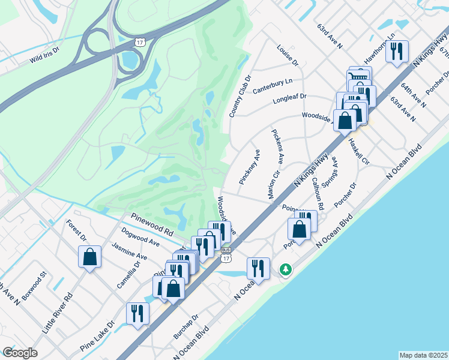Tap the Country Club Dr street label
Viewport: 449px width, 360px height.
(x=238, y=97)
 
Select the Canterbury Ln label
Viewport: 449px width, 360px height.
(x=273, y=86)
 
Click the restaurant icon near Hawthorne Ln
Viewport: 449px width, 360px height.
(x=396, y=52)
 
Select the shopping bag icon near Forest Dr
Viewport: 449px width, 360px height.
(x=89, y=257)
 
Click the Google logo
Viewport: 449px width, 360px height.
(x=20, y=353)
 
